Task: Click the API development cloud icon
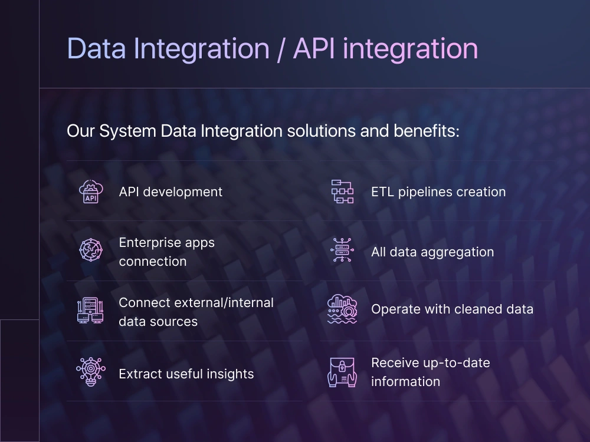tap(91, 192)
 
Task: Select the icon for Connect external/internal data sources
tap(91, 311)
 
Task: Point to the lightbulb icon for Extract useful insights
tap(91, 371)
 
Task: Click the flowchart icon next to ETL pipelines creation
tap(342, 192)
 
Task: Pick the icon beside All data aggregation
tap(342, 250)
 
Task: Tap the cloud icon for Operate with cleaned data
tap(342, 309)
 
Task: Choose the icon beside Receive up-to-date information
tap(342, 372)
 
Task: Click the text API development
tap(171, 192)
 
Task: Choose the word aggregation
tap(457, 252)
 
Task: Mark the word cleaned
tap(476, 309)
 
